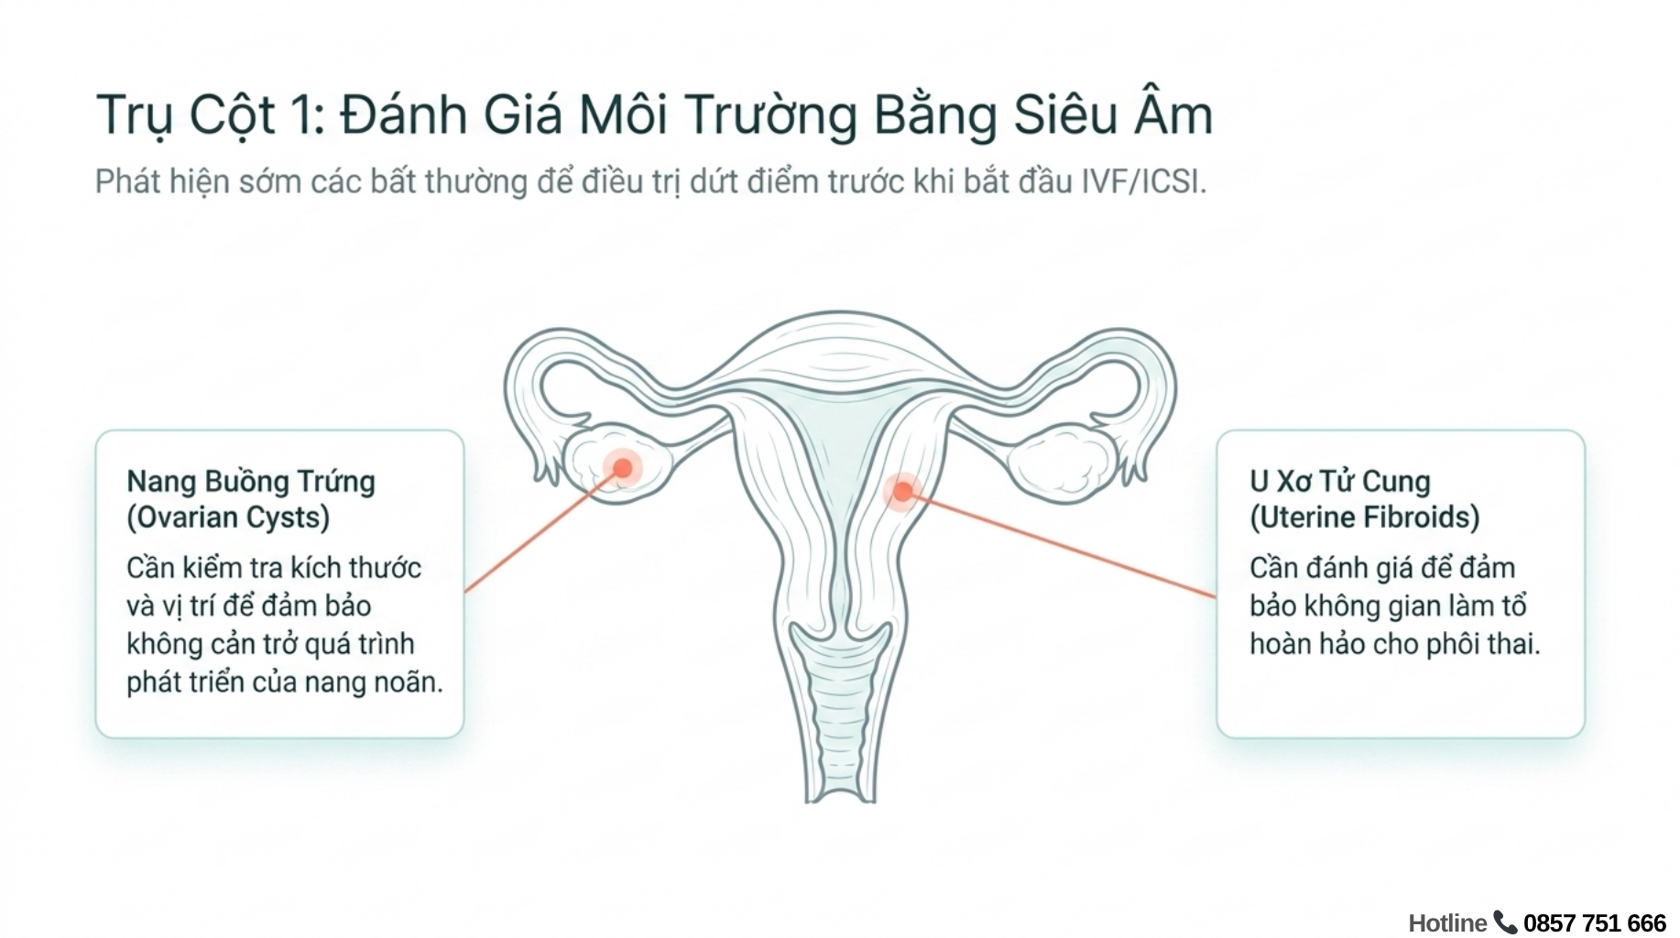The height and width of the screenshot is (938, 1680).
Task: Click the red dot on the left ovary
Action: [x=623, y=468]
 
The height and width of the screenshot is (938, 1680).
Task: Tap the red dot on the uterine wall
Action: [x=902, y=492]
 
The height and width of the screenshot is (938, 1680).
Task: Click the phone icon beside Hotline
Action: [x=1505, y=922]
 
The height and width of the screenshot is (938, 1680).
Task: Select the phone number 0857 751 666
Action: [x=1595, y=922]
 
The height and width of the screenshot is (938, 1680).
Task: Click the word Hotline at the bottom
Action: [x=1447, y=922]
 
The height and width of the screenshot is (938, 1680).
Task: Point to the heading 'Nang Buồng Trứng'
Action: [x=251, y=482]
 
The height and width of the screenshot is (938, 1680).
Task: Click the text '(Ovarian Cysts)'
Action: [x=228, y=518]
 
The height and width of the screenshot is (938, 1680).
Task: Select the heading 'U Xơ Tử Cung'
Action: [x=1340, y=482]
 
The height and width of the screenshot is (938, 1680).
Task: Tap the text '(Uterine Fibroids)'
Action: [x=1365, y=518]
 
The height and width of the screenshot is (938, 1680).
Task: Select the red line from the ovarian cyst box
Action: [x=544, y=530]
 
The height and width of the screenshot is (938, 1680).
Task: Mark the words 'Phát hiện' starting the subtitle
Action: [x=162, y=182]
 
